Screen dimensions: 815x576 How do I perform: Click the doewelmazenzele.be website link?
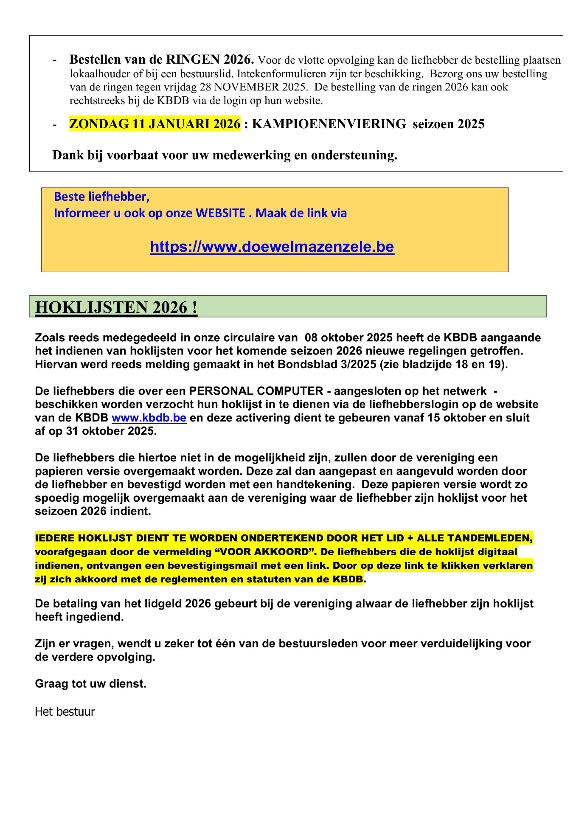tap(272, 247)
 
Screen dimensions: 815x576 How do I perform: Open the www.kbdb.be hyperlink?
tap(149, 418)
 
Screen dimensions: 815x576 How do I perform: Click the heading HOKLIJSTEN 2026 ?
tap(116, 307)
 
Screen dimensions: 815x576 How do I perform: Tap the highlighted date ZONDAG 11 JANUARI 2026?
tap(155, 124)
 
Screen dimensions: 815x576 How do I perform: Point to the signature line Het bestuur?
tap(65, 711)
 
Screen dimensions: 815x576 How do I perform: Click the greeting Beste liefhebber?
tap(102, 197)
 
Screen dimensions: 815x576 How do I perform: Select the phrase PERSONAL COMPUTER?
tap(256, 391)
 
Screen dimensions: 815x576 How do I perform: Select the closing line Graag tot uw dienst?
tap(90, 684)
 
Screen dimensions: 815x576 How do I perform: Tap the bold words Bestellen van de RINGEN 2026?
tap(162, 59)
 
